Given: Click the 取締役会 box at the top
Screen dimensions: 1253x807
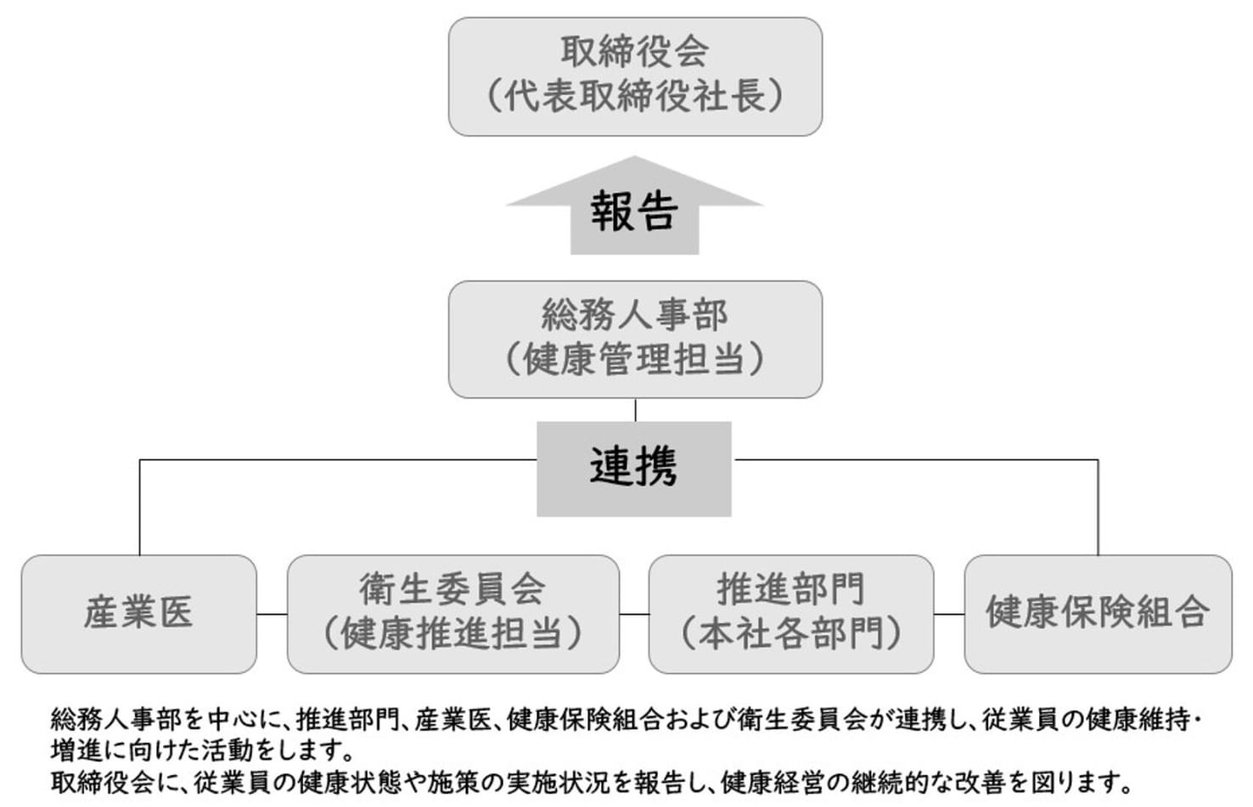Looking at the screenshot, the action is pos(635,76).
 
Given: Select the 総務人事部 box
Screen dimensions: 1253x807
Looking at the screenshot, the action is pos(635,339).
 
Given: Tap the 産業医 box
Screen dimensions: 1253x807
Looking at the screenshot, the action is pos(138,614).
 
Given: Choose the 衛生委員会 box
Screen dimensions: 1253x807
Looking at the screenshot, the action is pos(453,614).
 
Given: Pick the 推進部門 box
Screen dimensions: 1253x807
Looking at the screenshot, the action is pos(791,614).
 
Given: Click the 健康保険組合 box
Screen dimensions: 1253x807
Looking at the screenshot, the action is pos(1098,614).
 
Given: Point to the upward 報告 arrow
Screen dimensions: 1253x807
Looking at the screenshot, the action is pos(635,205).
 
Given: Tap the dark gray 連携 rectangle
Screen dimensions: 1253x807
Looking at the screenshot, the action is pos(634,469).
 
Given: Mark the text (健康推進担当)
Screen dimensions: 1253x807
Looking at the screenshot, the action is pos(453,634).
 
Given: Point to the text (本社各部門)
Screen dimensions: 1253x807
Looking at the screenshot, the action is pos(791,634).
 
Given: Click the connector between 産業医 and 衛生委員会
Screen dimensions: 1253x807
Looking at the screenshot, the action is pos(272,614).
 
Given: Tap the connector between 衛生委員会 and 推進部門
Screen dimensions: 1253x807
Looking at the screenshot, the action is pos(634,614).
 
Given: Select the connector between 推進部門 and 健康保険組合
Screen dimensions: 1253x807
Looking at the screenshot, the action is pos(949,614).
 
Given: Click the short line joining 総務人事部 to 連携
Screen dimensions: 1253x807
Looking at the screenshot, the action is pos(635,409).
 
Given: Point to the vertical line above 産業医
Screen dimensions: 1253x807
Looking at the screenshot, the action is pos(139,508).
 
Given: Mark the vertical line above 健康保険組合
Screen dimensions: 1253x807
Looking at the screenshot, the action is pos(1098,508).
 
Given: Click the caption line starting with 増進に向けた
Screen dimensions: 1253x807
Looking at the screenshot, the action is pos(203,751).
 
